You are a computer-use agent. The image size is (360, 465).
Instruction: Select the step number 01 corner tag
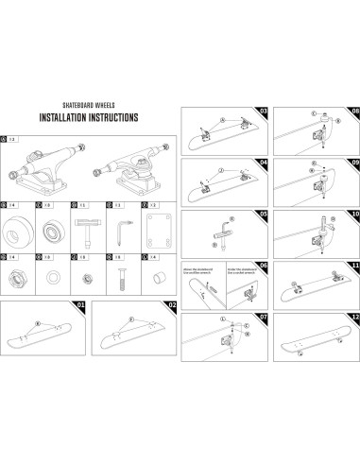[80, 305]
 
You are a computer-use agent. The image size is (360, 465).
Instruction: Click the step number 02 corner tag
[172, 305]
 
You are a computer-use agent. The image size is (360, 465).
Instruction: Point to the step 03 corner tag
[264, 112]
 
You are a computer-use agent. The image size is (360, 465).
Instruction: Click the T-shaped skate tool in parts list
[85, 230]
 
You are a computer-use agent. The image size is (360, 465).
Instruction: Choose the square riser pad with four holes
[155, 230]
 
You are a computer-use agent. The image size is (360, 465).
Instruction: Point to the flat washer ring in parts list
[52, 280]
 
